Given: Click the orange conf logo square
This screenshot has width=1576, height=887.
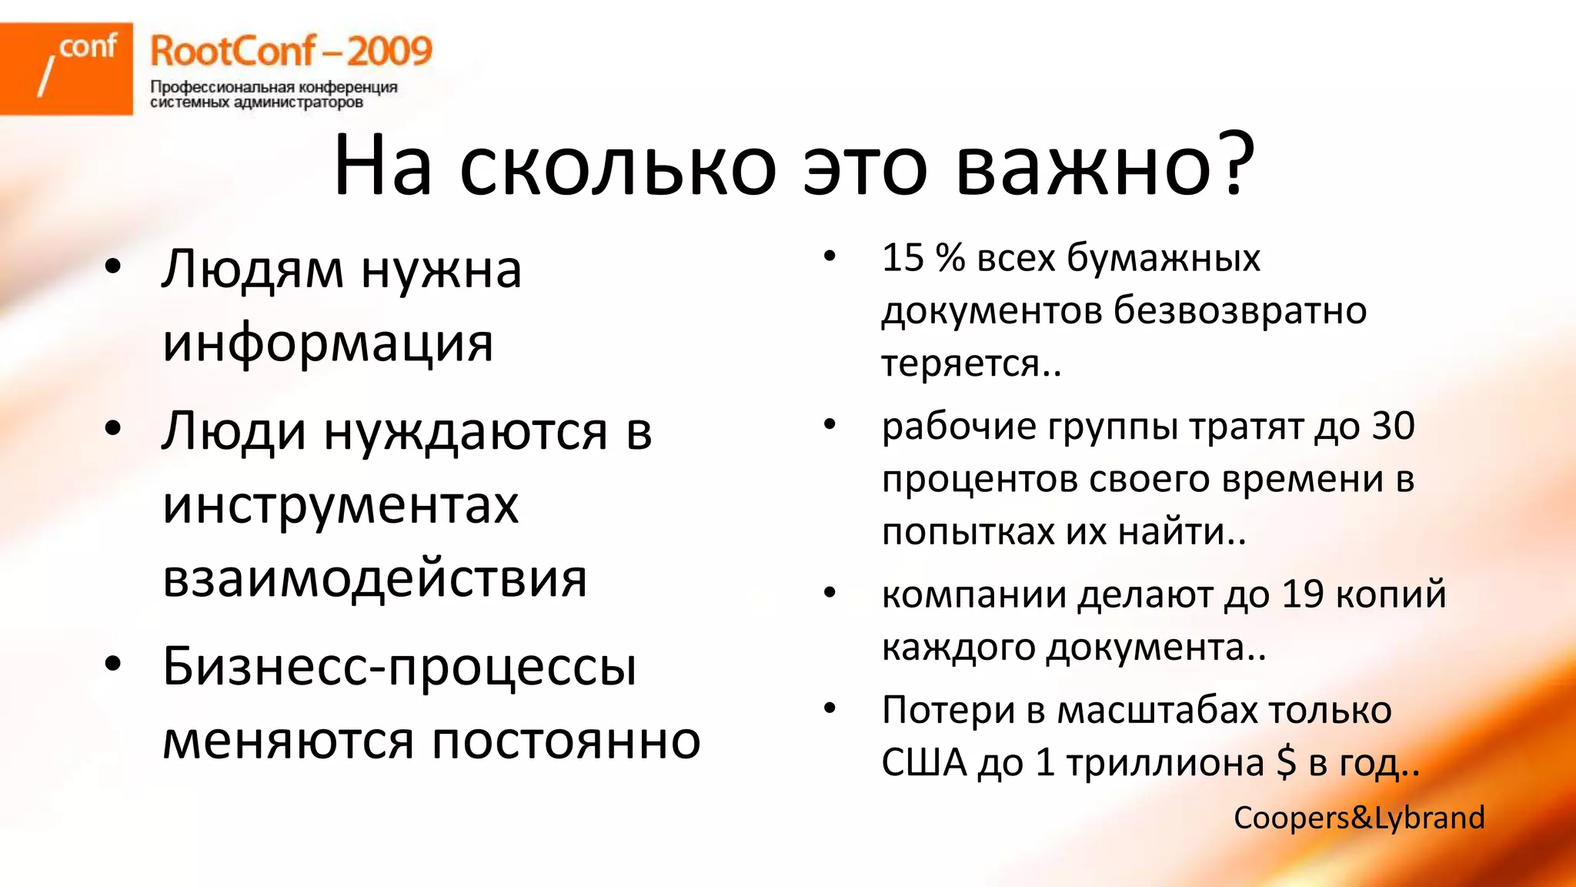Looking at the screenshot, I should click(x=66, y=69).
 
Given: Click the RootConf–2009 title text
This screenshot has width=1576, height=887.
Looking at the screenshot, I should click(x=291, y=52).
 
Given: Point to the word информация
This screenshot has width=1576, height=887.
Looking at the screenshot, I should click(x=328, y=343).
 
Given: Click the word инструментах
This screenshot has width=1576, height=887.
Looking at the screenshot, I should click(x=341, y=506).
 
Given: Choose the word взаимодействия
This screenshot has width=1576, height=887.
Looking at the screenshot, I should click(x=375, y=579).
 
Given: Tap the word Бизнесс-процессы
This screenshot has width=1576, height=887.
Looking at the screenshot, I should click(x=399, y=667).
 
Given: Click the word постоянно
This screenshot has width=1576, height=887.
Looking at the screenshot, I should click(x=566, y=741).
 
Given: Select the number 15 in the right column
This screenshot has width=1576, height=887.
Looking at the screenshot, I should click(x=903, y=258).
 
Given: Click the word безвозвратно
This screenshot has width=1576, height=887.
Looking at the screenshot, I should click(x=1240, y=311).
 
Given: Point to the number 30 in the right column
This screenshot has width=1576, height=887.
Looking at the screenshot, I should click(x=1392, y=427).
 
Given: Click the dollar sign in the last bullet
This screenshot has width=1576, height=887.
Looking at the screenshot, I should click(x=1286, y=763).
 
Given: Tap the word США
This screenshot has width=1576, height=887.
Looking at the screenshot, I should click(x=923, y=763).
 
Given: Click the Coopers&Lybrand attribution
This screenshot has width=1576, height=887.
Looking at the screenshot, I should click(x=1359, y=818).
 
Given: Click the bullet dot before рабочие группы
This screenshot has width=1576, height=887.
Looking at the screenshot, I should click(x=829, y=424).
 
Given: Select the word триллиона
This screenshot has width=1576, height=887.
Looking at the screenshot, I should click(x=1165, y=763).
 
